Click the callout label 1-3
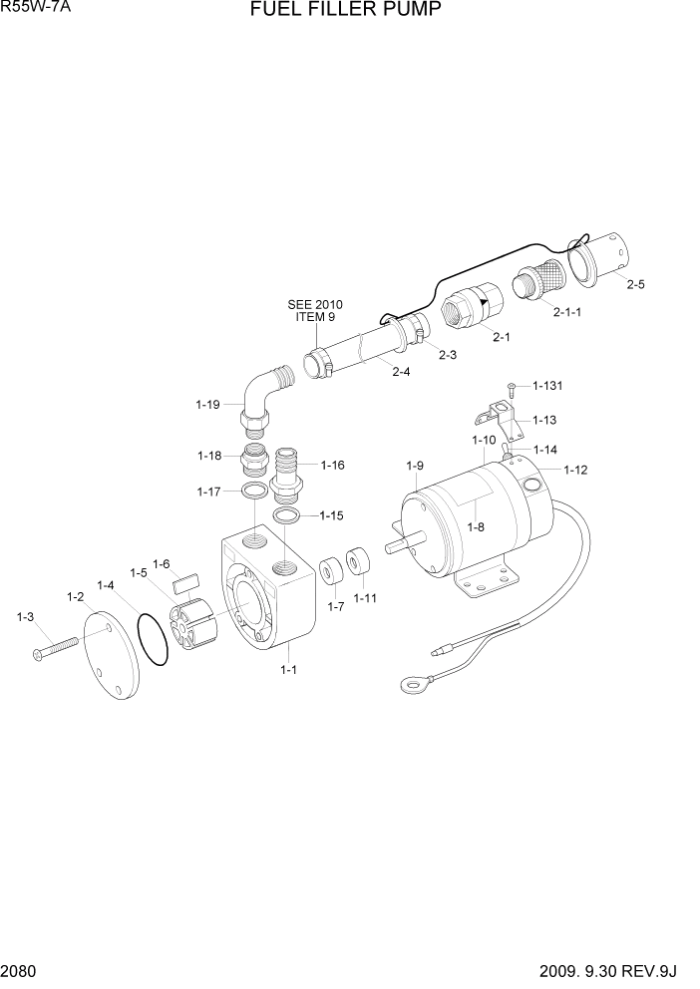26,618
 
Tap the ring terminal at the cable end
409,685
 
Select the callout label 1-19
207,405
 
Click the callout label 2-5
635,284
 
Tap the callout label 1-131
547,385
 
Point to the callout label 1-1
288,670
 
